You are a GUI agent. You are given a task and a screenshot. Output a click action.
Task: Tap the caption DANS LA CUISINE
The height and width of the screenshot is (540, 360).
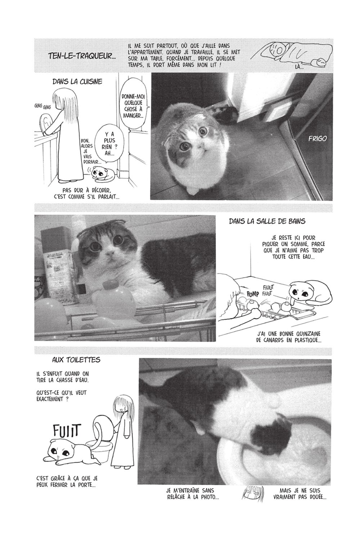tap(77, 82)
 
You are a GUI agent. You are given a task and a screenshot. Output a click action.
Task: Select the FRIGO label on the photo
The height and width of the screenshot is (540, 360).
tap(318, 139)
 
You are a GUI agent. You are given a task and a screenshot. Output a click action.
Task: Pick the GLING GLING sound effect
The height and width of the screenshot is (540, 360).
tap(43, 106)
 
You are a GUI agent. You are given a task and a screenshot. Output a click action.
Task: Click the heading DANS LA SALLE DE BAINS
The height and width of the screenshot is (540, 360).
tap(267, 221)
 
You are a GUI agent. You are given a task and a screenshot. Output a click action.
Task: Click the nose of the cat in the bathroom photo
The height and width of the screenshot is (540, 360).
tap(111, 254)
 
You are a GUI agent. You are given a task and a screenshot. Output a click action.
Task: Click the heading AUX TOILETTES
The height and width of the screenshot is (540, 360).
tap(76, 360)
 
